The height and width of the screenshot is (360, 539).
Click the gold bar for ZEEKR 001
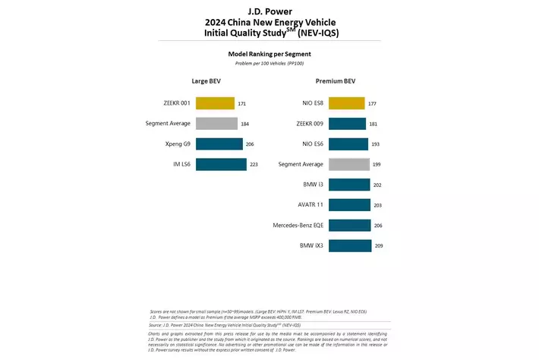(215, 103)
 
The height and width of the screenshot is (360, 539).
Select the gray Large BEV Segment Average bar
(216, 124)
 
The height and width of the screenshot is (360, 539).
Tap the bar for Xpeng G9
(219, 144)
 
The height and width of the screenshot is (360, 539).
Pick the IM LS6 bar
(221, 165)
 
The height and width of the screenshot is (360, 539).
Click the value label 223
(254, 165)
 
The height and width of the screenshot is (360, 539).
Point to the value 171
(242, 103)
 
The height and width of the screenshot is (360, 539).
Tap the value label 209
(379, 246)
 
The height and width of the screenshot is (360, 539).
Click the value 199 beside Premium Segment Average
(377, 165)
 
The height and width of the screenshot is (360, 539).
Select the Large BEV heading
(206, 81)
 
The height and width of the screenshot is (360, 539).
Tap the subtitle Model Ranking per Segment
(269, 54)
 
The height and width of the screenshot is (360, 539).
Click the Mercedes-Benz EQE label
(298, 226)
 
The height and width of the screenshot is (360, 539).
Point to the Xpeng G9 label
(176, 144)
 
